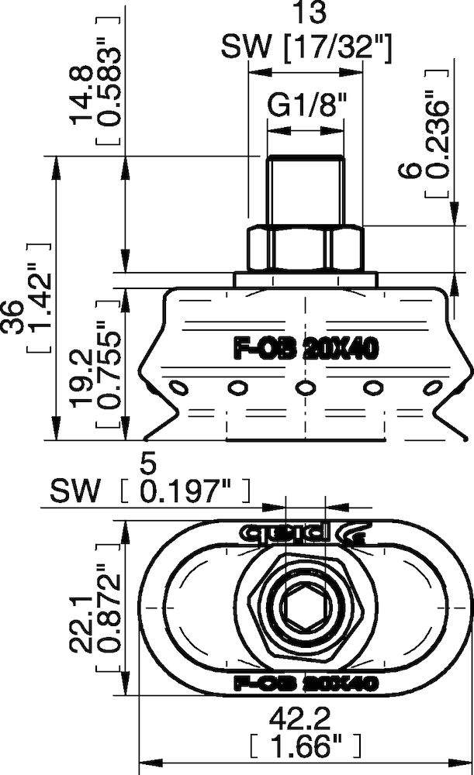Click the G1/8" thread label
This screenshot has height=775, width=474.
(x=305, y=105)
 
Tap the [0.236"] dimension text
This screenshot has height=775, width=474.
(x=438, y=137)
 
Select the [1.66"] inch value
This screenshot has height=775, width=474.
(x=305, y=748)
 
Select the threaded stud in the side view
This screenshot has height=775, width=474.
(x=305, y=190)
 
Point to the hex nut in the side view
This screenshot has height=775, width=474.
(x=305, y=246)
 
